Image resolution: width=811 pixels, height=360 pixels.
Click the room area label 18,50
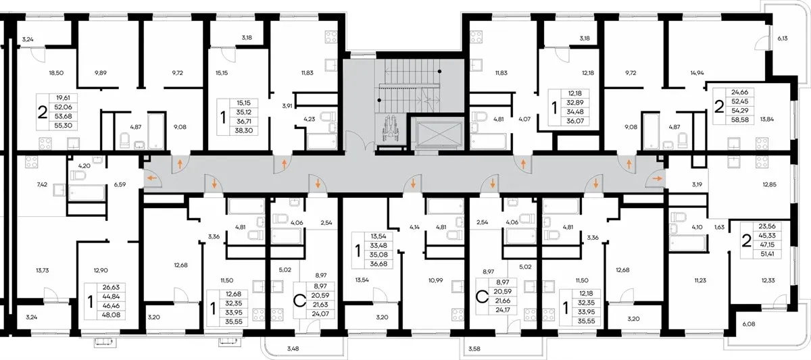tap(56, 73)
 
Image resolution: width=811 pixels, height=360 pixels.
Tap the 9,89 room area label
tap(101, 73)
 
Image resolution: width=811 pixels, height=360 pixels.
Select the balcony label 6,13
tap(783, 38)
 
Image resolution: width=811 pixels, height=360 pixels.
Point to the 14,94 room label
tap(697, 73)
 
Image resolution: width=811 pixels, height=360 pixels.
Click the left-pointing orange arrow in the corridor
tap(152, 178)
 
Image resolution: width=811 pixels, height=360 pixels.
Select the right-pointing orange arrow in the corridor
tap(657, 178)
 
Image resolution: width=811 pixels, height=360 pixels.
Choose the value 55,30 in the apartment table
tap(64, 126)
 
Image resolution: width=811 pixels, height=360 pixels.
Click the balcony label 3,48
tap(293, 349)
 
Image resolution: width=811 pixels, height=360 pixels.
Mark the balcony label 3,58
tap(474, 349)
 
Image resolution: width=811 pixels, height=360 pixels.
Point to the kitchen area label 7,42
tap(42, 184)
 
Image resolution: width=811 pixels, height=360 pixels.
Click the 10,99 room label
tap(435, 280)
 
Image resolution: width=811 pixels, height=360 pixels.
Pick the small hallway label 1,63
tap(719, 227)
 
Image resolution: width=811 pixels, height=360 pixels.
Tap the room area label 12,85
tap(769, 184)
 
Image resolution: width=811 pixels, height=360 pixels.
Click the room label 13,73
tap(43, 271)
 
